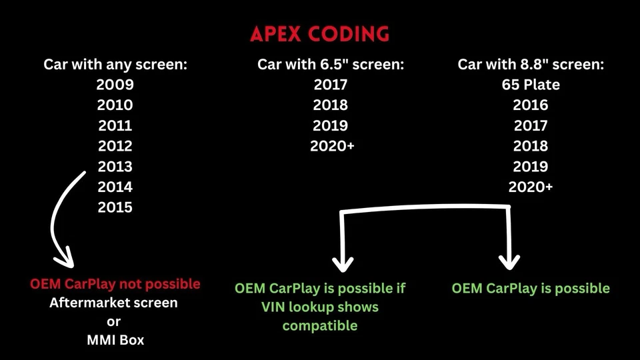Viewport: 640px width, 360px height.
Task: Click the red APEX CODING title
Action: click(320, 34)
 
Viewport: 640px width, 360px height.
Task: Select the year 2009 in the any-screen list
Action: click(115, 85)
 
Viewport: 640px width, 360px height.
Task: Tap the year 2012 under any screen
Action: click(115, 146)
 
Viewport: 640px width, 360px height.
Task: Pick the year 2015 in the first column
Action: click(115, 207)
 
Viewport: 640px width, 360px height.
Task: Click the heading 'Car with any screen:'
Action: click(115, 65)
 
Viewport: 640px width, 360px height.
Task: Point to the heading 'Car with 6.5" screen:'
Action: click(331, 65)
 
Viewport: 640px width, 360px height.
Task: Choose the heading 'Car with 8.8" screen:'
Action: click(531, 65)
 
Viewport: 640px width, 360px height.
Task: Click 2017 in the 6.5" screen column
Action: click(331, 85)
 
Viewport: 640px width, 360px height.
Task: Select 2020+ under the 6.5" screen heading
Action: click(332, 146)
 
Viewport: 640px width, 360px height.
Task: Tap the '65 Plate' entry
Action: click(531, 85)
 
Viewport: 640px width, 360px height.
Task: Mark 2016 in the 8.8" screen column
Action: click(531, 105)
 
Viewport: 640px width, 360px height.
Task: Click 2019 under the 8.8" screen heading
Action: click(531, 167)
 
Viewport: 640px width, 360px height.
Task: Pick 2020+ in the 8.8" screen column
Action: click(531, 187)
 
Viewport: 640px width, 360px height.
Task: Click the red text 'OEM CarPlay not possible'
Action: click(115, 284)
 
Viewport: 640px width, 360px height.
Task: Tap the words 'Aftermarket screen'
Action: click(115, 303)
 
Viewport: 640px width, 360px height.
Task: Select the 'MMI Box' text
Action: click(115, 340)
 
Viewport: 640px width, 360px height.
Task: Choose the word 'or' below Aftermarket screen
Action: click(115, 321)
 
